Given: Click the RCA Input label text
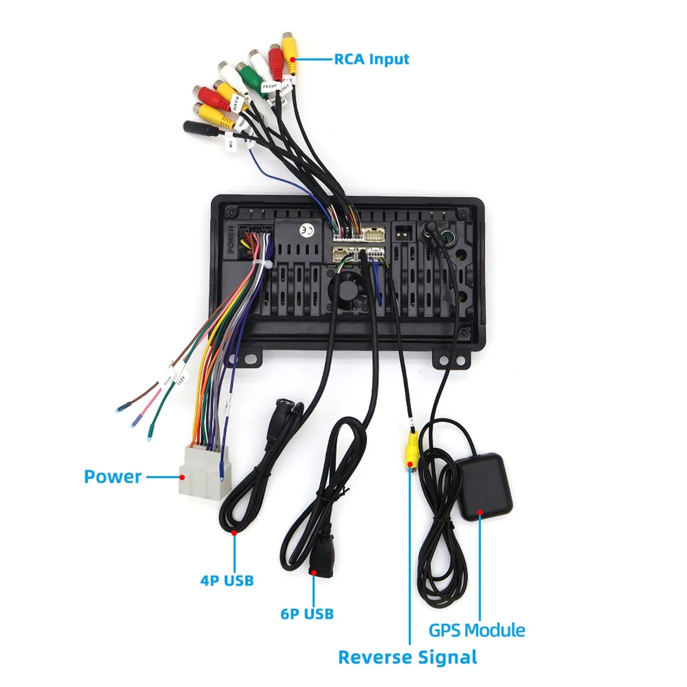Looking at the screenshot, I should (371, 59).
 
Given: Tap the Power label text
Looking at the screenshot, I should (113, 476).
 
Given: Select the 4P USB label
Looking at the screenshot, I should (227, 581).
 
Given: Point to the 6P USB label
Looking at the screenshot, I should (307, 614).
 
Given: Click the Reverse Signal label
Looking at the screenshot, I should (407, 657).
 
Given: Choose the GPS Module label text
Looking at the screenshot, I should (477, 630).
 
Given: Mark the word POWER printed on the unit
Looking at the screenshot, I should (231, 240).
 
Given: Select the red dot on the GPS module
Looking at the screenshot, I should (480, 513).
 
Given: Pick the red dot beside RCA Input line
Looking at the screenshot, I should (293, 60).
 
